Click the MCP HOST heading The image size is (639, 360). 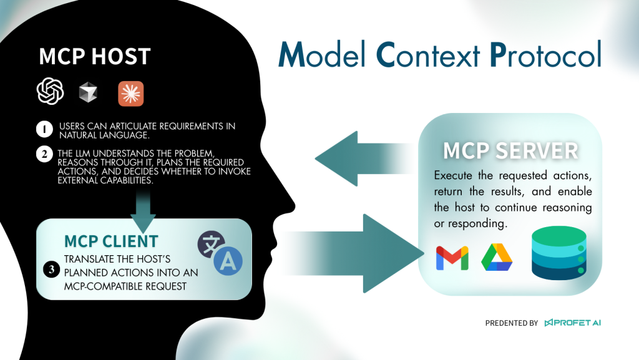click(x=95, y=57)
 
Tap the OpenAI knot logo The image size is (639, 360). click(x=51, y=92)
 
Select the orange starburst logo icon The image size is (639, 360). click(x=131, y=94)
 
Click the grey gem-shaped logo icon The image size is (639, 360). click(x=88, y=93)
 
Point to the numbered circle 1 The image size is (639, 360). click(x=44, y=129)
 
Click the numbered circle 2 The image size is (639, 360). click(x=44, y=153)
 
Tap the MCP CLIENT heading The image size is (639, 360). click(x=111, y=241)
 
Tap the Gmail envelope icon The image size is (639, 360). click(x=452, y=258)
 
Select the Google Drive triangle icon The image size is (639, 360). click(x=497, y=257)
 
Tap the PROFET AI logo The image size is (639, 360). click(x=572, y=323)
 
